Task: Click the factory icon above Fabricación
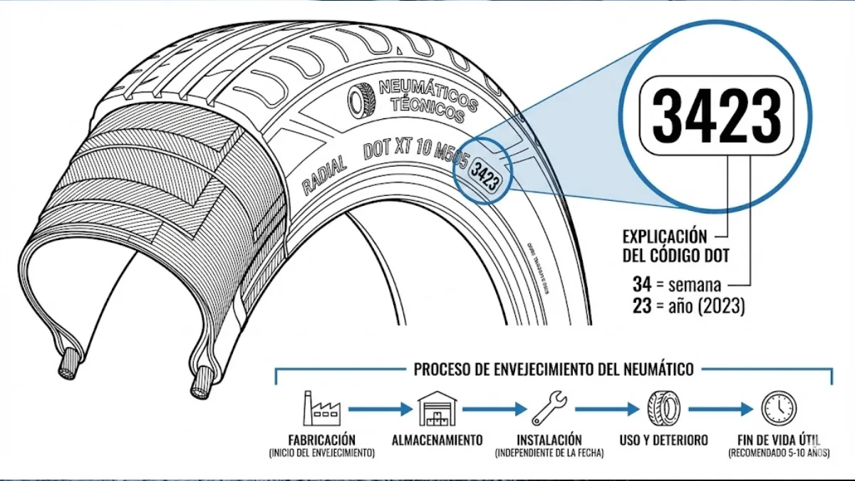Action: point(322,408)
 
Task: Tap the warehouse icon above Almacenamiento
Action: point(437,408)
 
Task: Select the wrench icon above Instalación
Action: point(550,408)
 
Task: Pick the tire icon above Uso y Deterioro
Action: point(663,408)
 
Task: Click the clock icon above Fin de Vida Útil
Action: point(778,408)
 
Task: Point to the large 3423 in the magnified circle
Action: point(716,115)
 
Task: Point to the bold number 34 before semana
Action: point(641,284)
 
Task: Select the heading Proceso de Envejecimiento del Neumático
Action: point(554,369)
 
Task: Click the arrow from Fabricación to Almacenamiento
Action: point(379,409)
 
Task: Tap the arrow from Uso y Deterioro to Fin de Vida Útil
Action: point(720,409)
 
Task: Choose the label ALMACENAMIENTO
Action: point(437,440)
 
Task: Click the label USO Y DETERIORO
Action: point(663,440)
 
